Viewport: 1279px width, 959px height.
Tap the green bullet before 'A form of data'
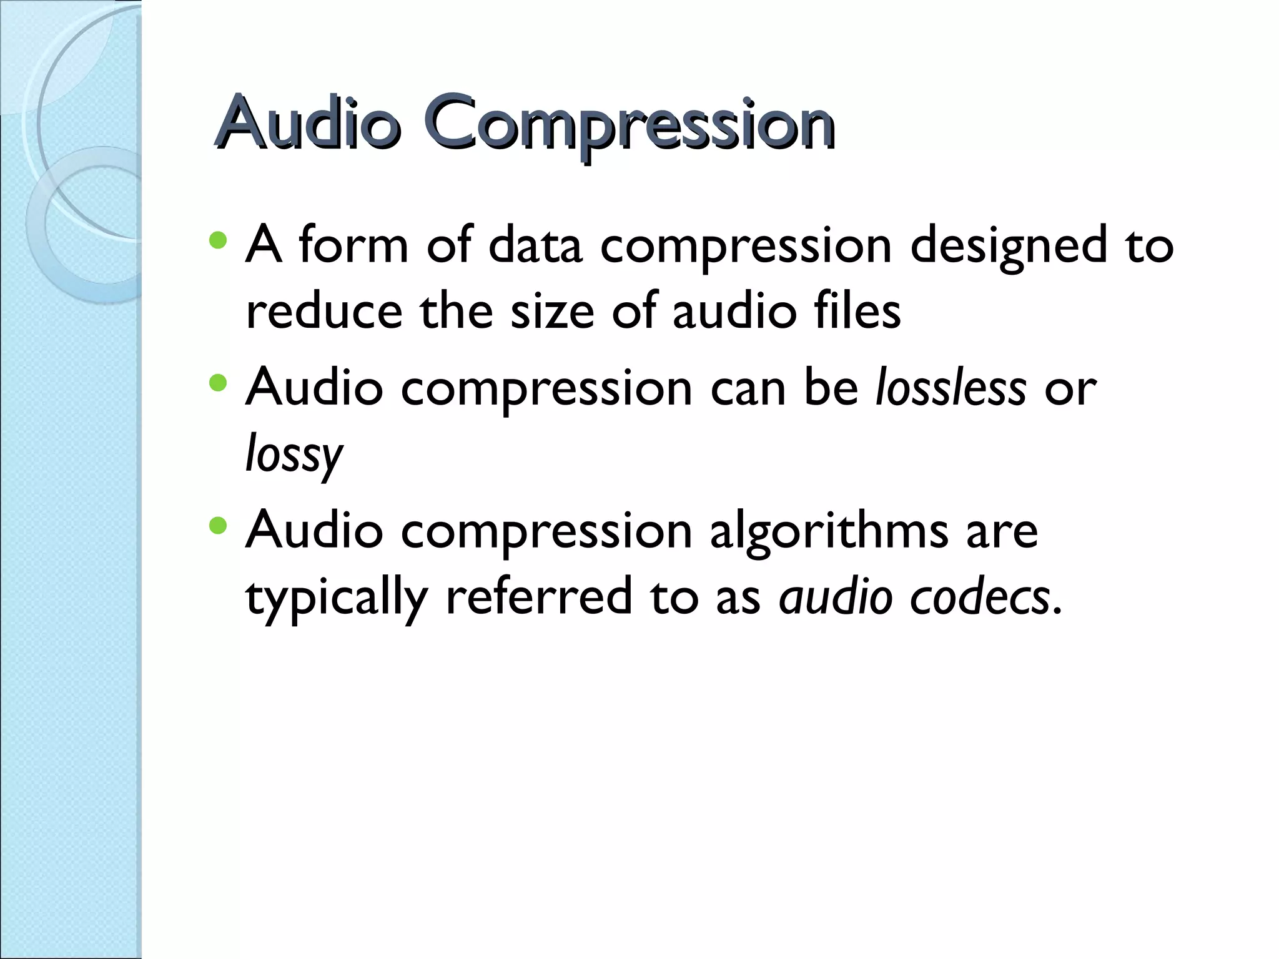(x=218, y=240)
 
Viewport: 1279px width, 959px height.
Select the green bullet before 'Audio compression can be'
(x=218, y=383)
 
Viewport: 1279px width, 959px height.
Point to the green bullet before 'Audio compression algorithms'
(x=218, y=525)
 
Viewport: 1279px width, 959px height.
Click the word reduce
(x=324, y=312)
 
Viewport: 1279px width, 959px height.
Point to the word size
(x=552, y=312)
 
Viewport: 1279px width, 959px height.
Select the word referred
(x=538, y=597)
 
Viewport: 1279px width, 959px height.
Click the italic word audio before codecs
(x=836, y=597)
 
